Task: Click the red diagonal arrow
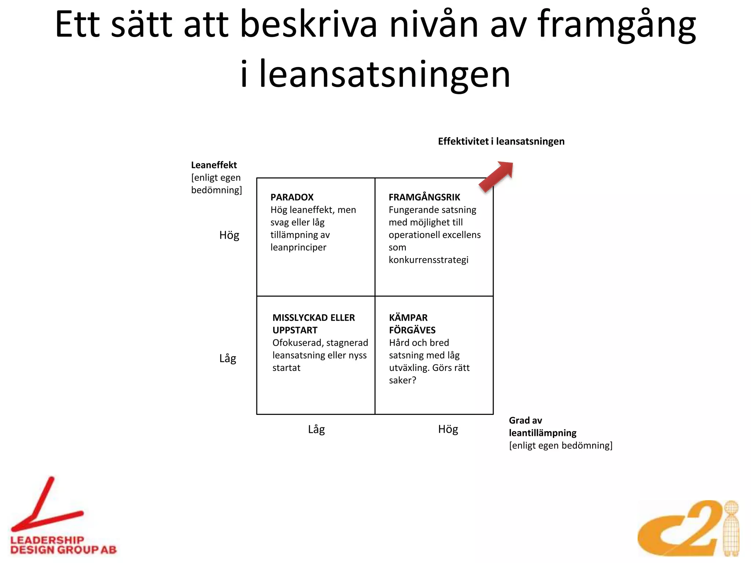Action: point(496,177)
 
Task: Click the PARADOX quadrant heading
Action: point(292,197)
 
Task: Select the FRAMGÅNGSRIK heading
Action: point(424,197)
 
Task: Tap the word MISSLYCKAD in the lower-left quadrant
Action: point(296,317)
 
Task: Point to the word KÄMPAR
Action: point(408,317)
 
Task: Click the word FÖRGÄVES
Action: point(412,330)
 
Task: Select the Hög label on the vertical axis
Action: point(229,235)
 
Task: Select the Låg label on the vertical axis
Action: point(228,358)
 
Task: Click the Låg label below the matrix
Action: point(316,429)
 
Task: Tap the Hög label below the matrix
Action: point(448,429)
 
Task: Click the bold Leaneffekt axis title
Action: point(214,165)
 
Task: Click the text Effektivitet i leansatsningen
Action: point(501,141)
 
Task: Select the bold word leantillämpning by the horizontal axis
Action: point(542,433)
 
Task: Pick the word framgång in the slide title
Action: point(617,26)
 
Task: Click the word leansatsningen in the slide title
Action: point(385,75)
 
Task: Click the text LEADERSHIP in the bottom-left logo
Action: point(47,540)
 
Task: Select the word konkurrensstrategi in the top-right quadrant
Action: point(428,260)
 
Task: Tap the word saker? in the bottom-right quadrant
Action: point(402,380)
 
